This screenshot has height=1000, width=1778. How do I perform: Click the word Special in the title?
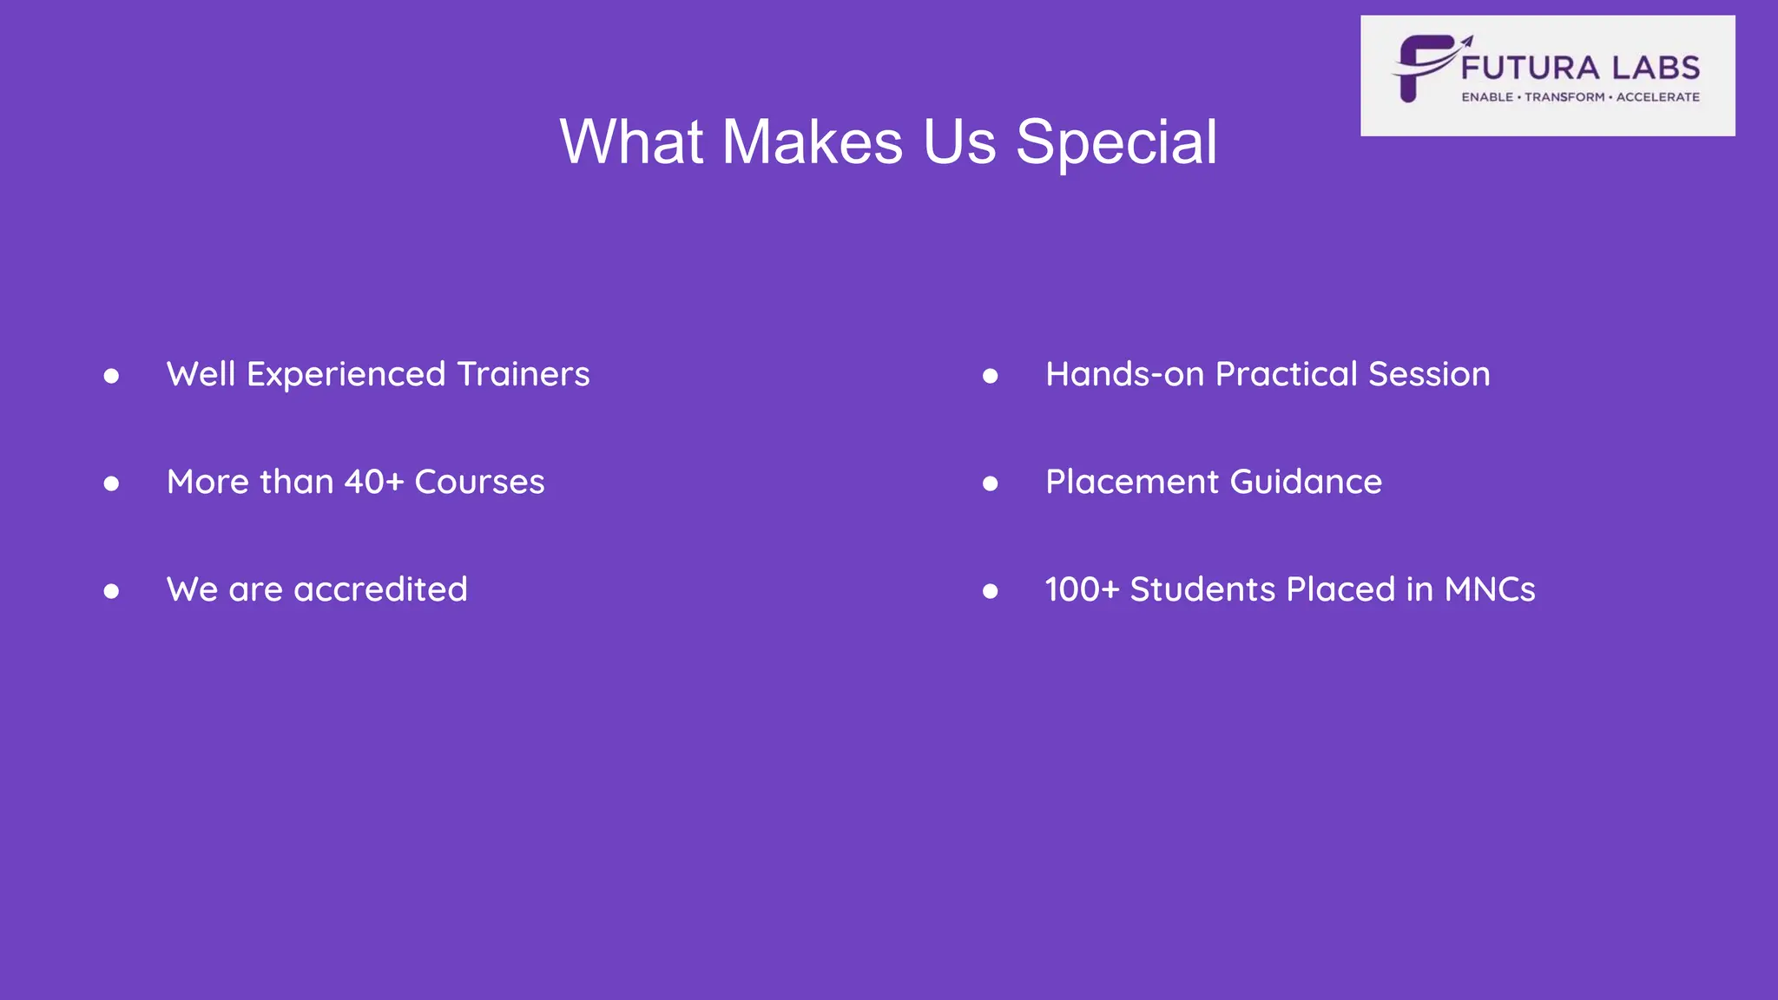pyautogui.click(x=1116, y=142)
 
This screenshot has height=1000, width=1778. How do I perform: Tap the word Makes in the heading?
pyautogui.click(x=813, y=141)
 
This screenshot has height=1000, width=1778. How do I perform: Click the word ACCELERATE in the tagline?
pyautogui.click(x=1657, y=97)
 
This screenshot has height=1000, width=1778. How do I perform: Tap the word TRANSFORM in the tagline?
pyautogui.click(x=1564, y=97)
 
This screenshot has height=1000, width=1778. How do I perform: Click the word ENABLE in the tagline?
pyautogui.click(x=1487, y=97)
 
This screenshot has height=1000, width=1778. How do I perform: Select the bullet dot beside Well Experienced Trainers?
pyautogui.click(x=111, y=376)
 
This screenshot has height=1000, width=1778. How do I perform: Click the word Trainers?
pyautogui.click(x=524, y=374)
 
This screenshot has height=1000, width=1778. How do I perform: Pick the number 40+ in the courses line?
pyautogui.click(x=374, y=482)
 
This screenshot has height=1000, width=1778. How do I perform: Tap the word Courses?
pyautogui.click(x=479, y=482)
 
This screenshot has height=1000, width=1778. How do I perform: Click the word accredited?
pyautogui.click(x=381, y=589)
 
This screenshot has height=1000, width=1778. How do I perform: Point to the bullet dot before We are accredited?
pyautogui.click(x=111, y=591)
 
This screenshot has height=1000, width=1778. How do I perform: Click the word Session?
pyautogui.click(x=1429, y=374)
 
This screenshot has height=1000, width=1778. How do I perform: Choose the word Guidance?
pyautogui.click(x=1306, y=482)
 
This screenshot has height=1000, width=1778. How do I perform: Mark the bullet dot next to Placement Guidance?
pyautogui.click(x=990, y=484)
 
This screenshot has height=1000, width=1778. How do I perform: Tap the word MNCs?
pyautogui.click(x=1490, y=589)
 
